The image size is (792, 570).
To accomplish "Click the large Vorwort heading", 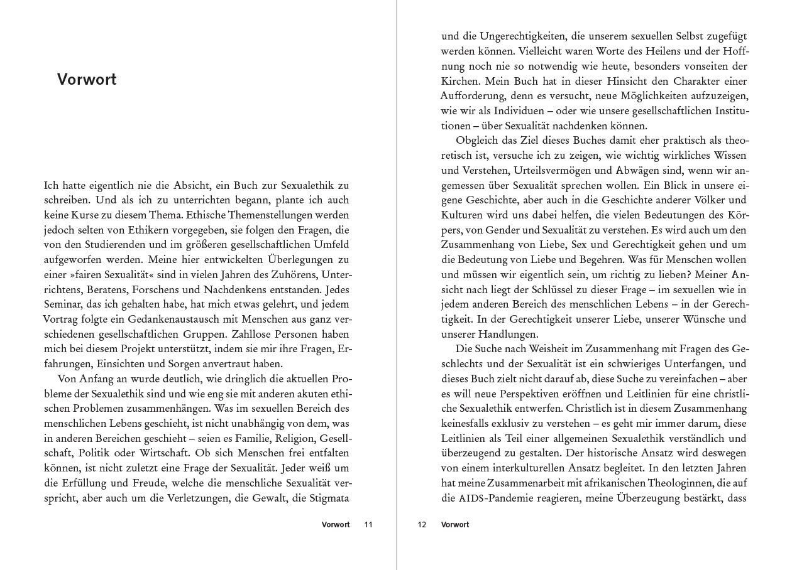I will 87,80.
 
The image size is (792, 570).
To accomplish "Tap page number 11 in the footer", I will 368,525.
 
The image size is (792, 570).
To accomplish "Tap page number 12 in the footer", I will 422,525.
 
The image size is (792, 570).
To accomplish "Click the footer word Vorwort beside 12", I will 455,525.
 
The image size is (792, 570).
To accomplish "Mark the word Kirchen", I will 459,82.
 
